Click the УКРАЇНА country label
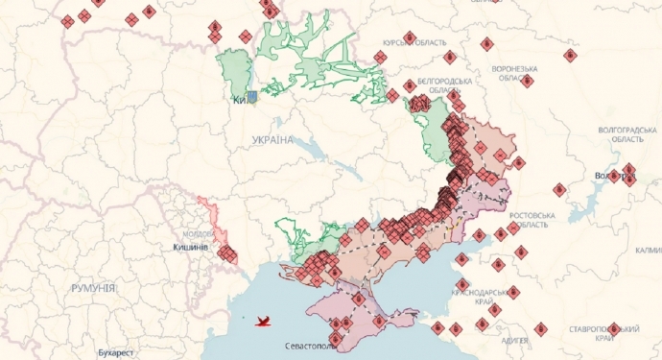click(x=272, y=140)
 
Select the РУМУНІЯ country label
click(x=93, y=288)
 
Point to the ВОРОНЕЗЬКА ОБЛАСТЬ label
click(x=514, y=74)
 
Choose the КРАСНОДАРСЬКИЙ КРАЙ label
click(x=489, y=296)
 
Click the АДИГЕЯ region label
click(x=515, y=340)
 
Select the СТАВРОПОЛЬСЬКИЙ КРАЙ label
click(x=604, y=333)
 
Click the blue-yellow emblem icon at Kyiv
click(x=251, y=97)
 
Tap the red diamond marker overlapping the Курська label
click(x=410, y=38)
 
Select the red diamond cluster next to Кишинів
click(x=227, y=254)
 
